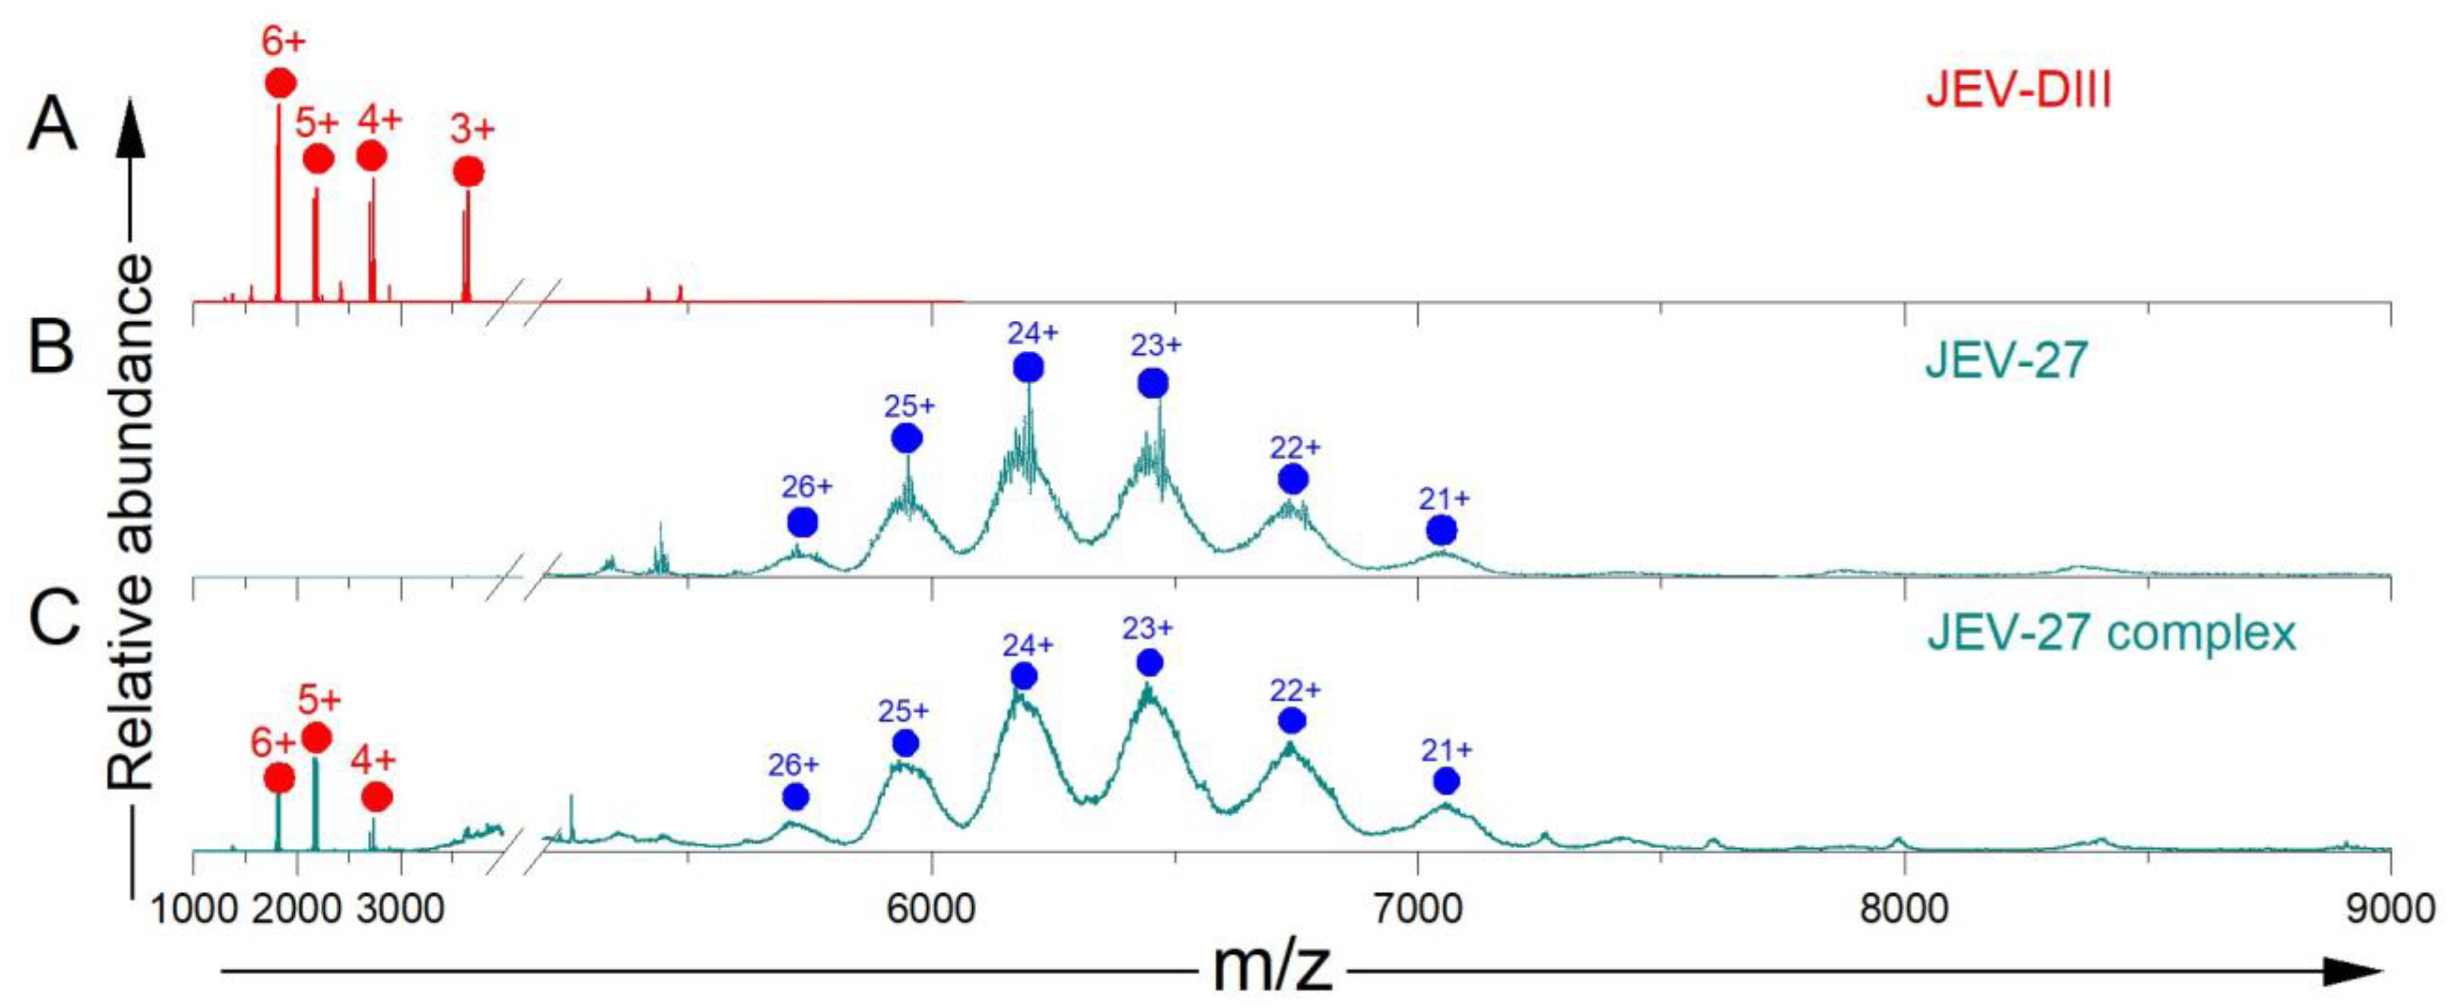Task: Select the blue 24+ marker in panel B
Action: coord(1028,367)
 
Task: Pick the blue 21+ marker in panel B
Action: coord(1442,530)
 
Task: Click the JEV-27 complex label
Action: coord(2111,632)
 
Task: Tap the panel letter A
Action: coord(51,126)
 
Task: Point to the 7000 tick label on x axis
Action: coord(1418,908)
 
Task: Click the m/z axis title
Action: coord(1272,969)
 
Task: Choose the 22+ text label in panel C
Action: coord(1295,690)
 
